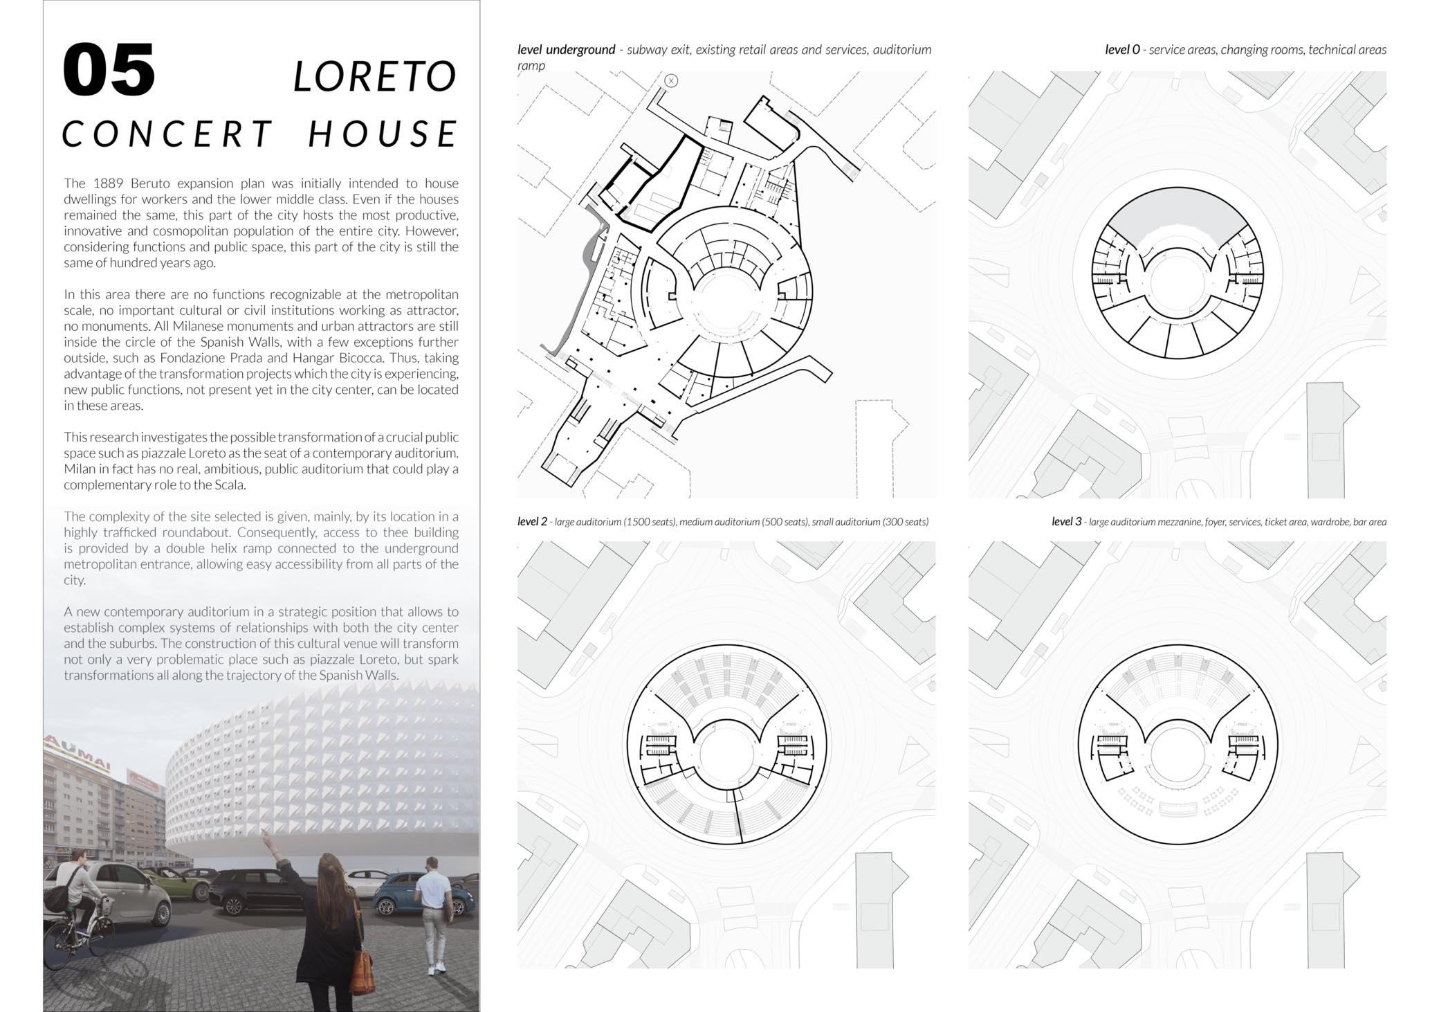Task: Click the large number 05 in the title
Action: coord(109,71)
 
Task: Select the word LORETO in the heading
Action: coord(375,76)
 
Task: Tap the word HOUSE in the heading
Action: coord(383,134)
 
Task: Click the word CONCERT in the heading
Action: coord(168,134)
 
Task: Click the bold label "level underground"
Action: coord(566,50)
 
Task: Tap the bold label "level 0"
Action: coord(1121,50)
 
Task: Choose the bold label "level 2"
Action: coord(532,522)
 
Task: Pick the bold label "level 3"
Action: coord(1066,522)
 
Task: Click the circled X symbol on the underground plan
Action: coord(670,81)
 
